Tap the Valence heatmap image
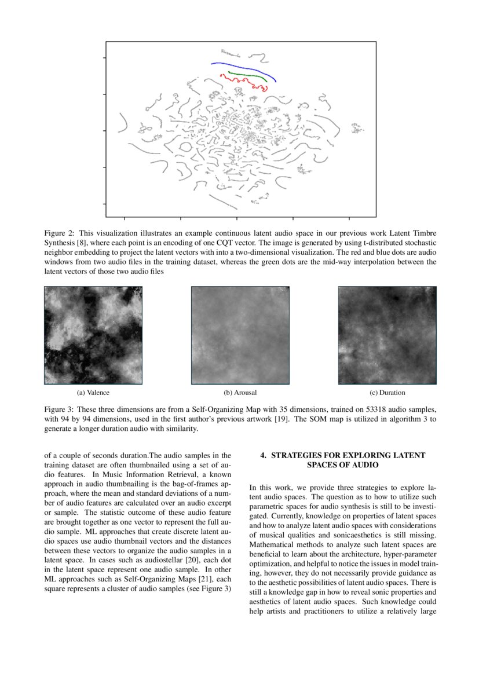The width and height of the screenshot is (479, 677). point(93,335)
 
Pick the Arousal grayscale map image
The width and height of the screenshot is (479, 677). point(240,335)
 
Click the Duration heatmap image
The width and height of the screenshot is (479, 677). point(387,335)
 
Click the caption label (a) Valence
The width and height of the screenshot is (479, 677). point(93,393)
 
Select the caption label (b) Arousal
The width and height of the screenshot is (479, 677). point(240,393)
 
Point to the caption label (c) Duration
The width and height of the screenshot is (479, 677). point(387,393)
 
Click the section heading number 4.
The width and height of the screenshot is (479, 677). point(263,456)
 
